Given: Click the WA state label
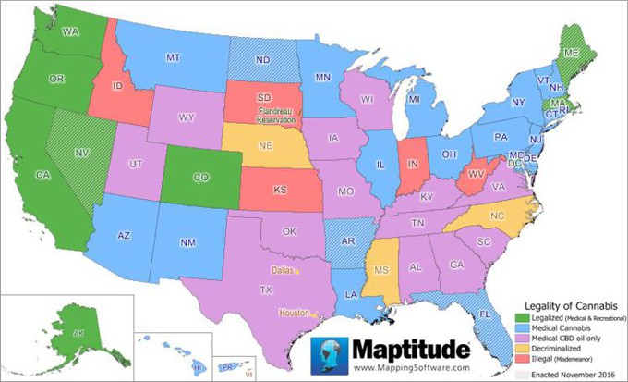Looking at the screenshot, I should coord(67,31).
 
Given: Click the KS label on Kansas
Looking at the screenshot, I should coord(280,191).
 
